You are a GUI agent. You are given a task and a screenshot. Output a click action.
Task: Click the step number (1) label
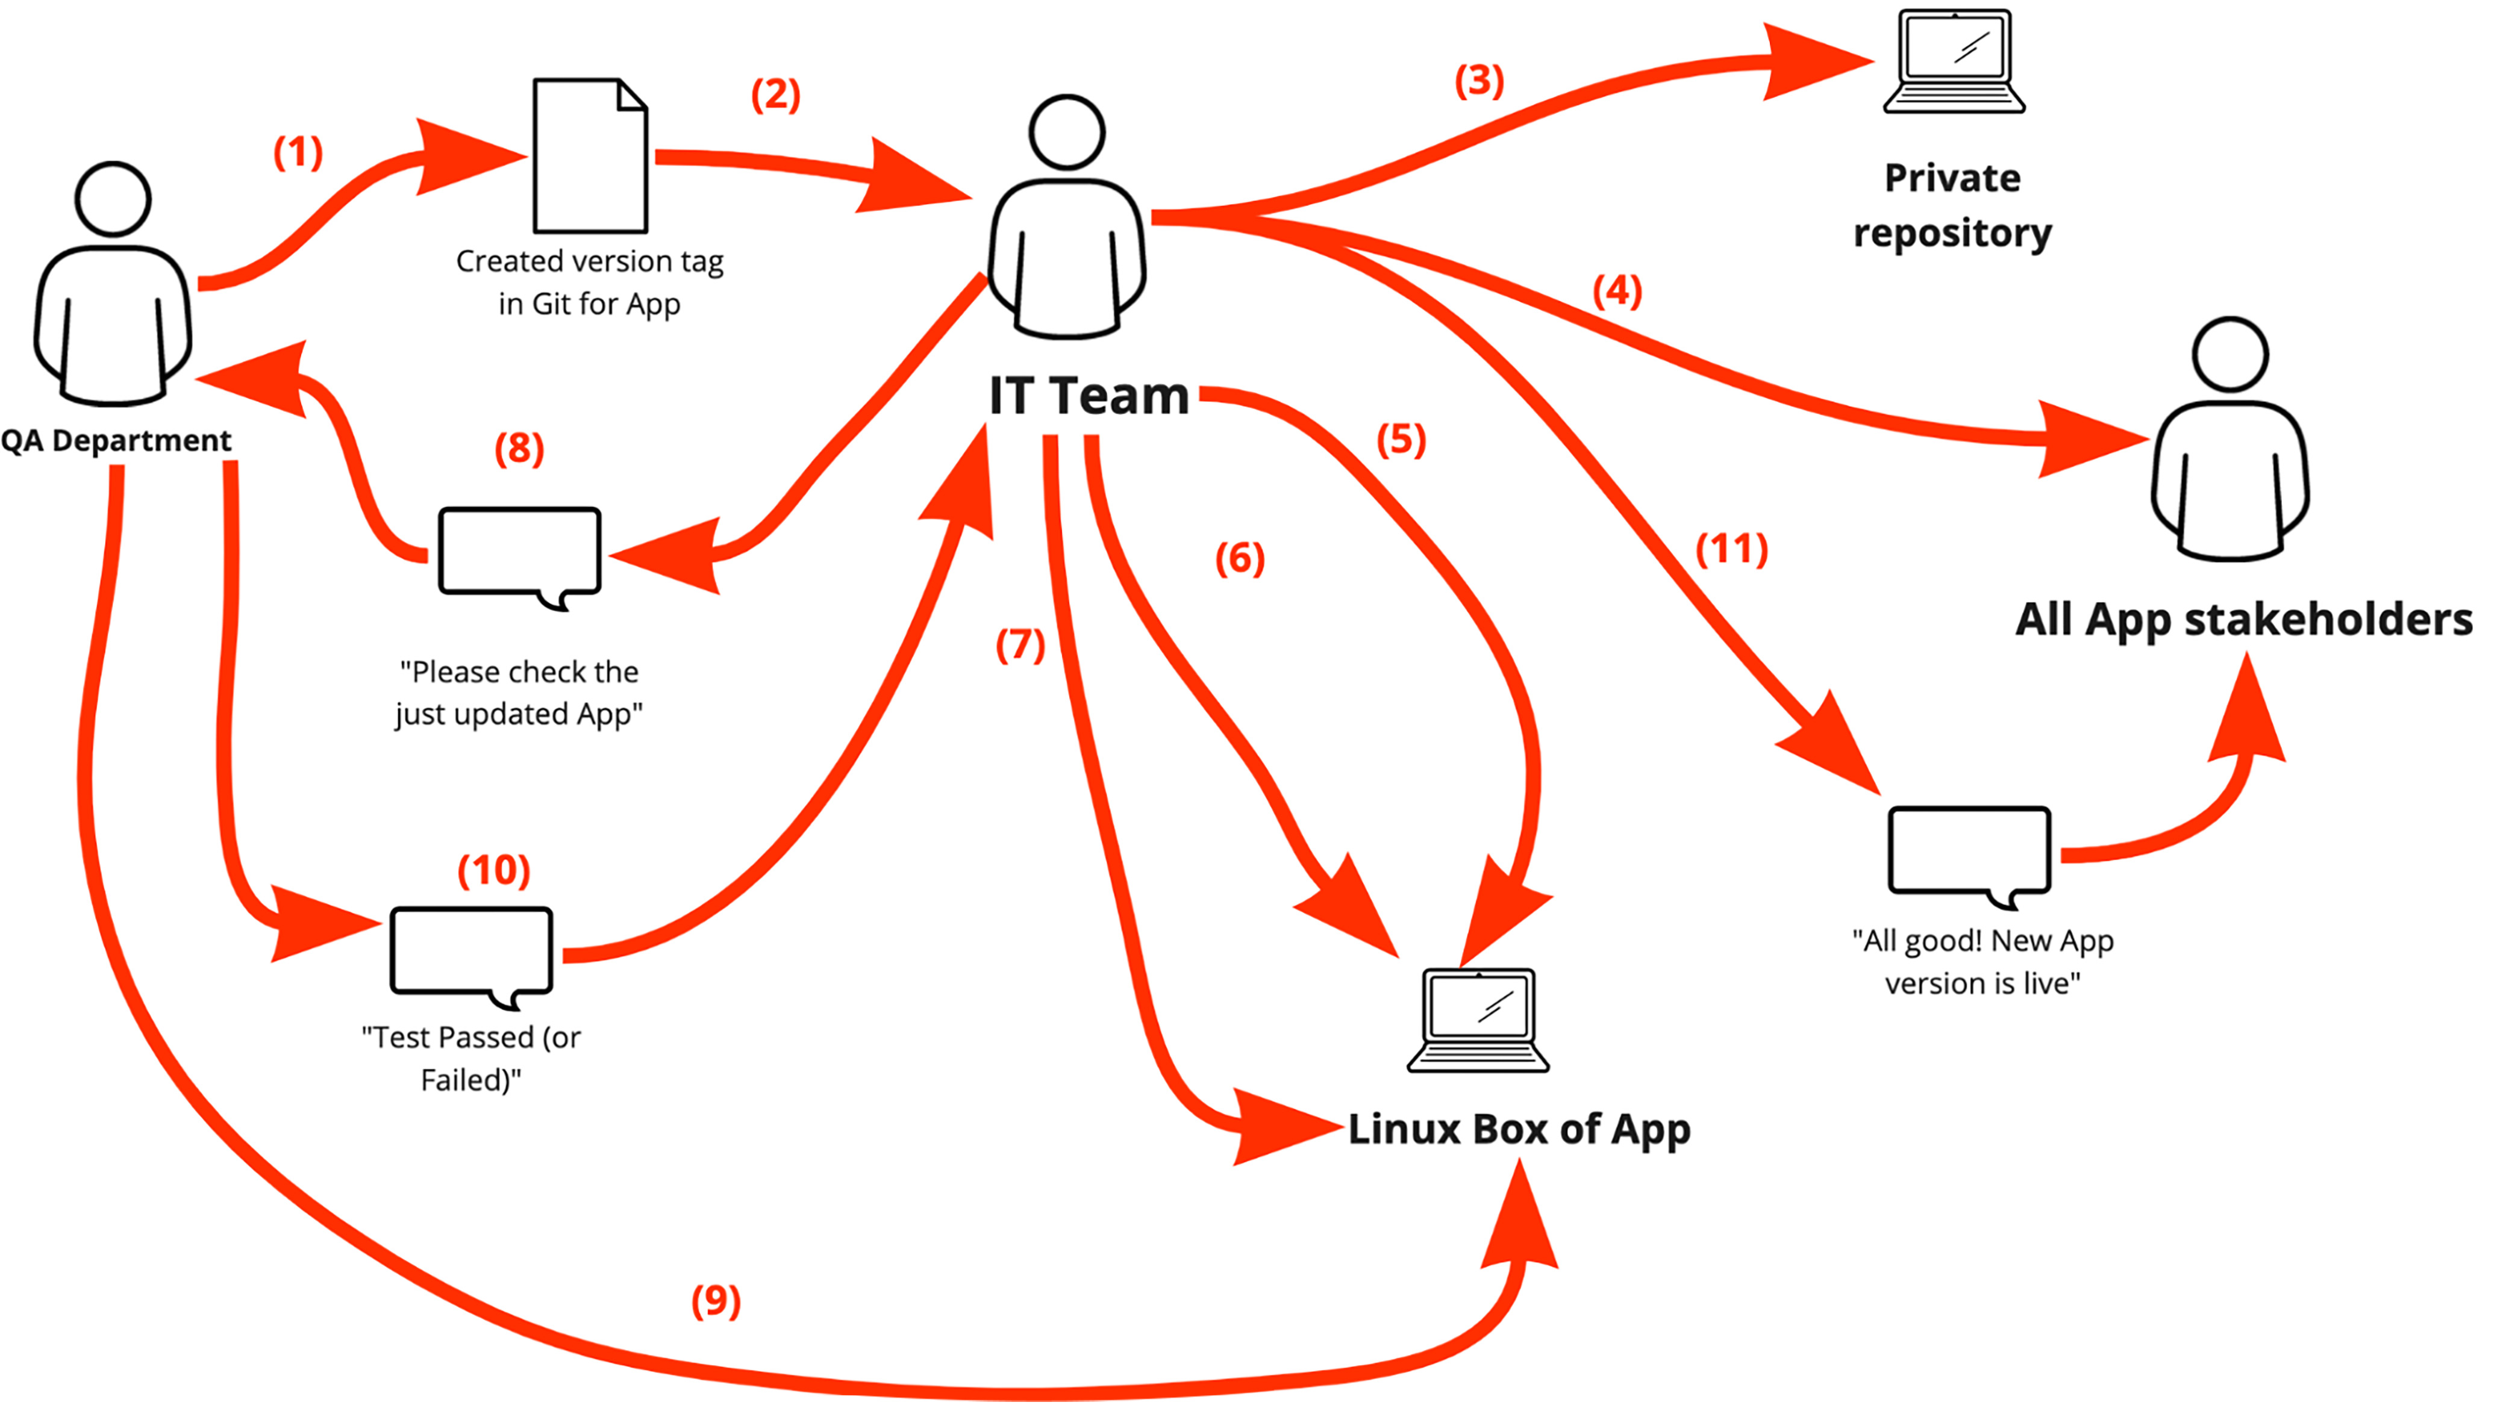(298, 153)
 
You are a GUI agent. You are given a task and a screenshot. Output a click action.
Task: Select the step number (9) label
(716, 1301)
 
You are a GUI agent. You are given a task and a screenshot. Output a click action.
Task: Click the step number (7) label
(1020, 645)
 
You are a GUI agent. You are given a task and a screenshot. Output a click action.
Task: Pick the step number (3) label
(1478, 81)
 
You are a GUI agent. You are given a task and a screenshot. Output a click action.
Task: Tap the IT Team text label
(1089, 396)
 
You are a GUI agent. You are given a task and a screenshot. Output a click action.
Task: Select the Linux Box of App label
(1519, 1130)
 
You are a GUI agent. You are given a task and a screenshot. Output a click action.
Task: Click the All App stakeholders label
(2244, 619)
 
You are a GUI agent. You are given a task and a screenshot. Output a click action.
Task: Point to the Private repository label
(1952, 205)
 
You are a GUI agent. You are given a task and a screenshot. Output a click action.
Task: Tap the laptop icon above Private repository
(1954, 60)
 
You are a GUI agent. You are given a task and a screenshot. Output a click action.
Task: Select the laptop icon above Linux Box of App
(1478, 1020)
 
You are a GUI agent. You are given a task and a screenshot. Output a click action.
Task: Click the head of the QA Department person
(113, 199)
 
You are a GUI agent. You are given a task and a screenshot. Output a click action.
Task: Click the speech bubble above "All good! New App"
(1969, 850)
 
